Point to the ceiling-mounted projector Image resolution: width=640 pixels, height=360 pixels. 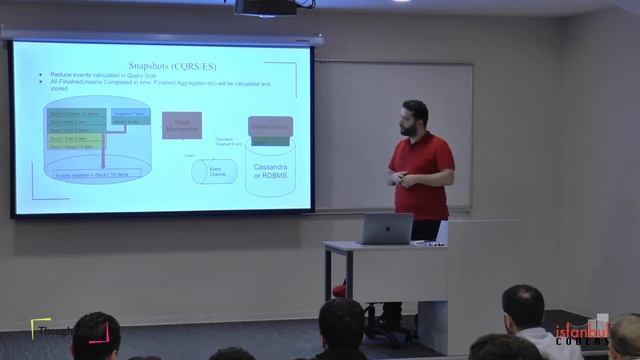coord(265,7)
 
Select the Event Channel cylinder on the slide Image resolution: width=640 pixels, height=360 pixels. coord(215,171)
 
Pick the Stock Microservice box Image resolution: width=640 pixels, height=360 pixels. coord(182,125)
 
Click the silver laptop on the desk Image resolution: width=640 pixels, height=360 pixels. coord(385,229)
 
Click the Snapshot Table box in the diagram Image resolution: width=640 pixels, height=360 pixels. coord(131,114)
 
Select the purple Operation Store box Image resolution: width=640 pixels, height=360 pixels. coord(270,128)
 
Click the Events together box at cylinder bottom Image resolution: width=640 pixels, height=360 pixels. coord(98,173)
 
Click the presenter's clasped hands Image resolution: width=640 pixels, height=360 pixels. coord(401,180)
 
